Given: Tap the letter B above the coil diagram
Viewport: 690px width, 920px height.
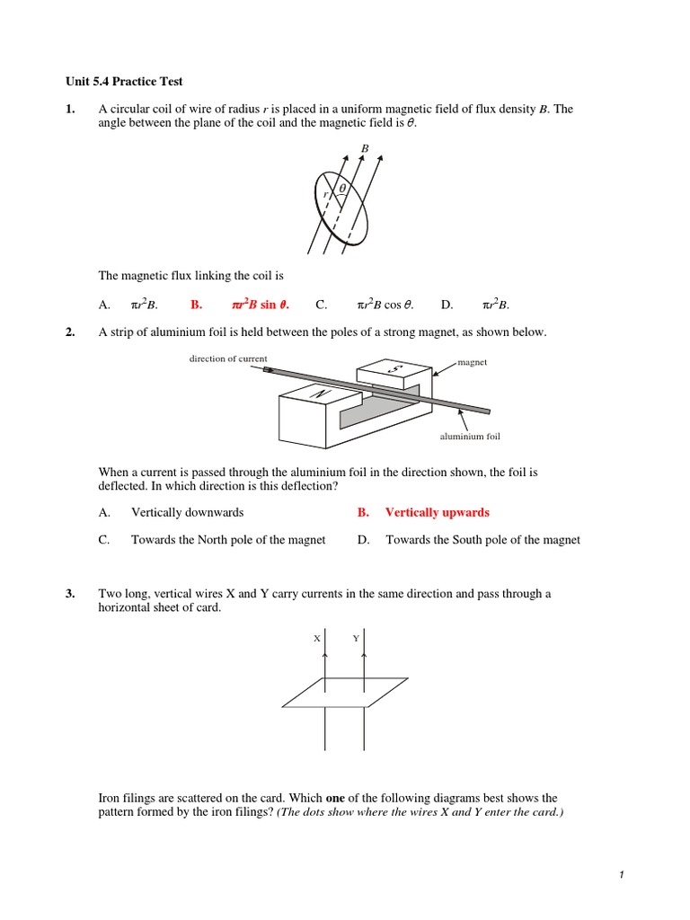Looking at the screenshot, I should pyautogui.click(x=365, y=147).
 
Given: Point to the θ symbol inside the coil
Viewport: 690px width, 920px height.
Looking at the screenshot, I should pyautogui.click(x=342, y=187).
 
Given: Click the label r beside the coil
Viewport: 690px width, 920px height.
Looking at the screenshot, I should pyautogui.click(x=326, y=194).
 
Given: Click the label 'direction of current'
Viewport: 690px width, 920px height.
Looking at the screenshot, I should pyautogui.click(x=227, y=358).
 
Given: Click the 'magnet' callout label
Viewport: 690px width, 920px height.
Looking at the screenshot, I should pyautogui.click(x=472, y=362).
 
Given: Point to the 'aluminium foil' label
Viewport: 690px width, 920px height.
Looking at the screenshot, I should pyautogui.click(x=469, y=436).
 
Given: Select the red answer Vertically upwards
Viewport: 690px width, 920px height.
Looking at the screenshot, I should pyautogui.click(x=437, y=512).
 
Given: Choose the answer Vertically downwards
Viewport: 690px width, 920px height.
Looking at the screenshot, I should pyautogui.click(x=187, y=512).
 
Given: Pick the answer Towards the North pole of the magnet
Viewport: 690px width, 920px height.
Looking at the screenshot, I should pyautogui.click(x=228, y=540).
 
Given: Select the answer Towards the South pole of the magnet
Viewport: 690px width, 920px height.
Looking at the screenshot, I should pyautogui.click(x=482, y=540).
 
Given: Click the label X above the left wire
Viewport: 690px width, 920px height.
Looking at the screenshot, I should pyautogui.click(x=316, y=638).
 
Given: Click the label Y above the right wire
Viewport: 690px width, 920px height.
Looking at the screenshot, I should pyautogui.click(x=356, y=638).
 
